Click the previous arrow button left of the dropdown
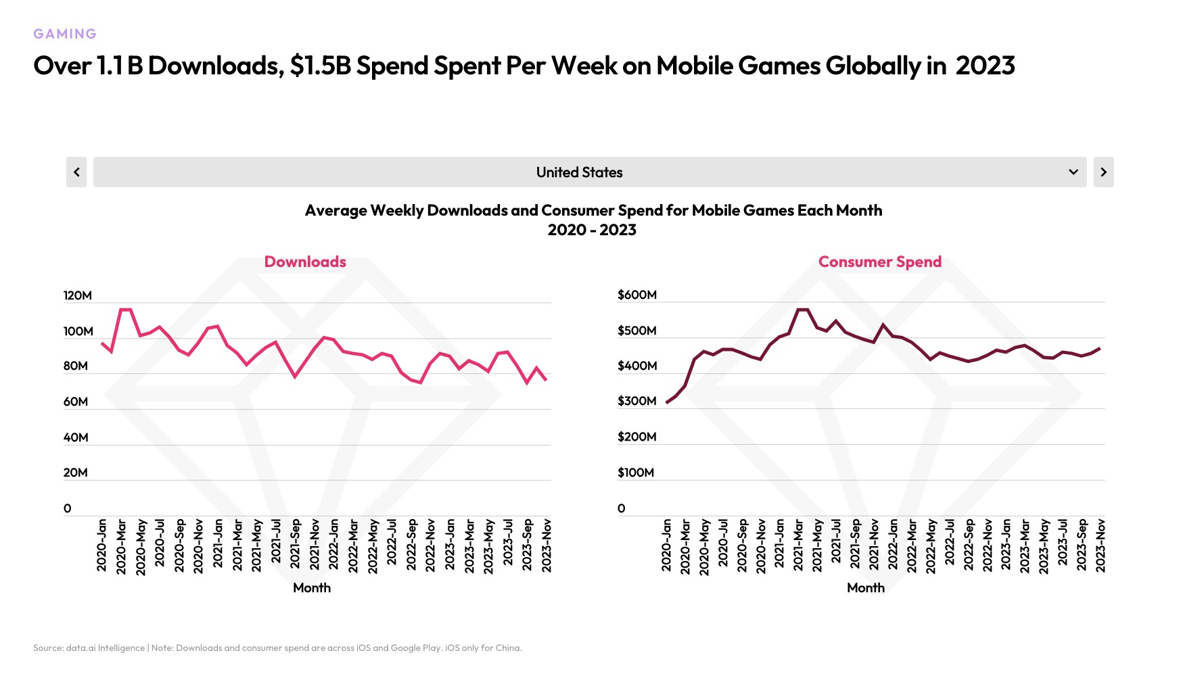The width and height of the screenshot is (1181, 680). (76, 172)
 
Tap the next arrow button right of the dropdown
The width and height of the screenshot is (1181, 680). (1103, 172)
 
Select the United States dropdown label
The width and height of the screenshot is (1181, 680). (579, 172)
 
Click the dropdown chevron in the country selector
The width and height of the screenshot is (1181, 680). (1073, 172)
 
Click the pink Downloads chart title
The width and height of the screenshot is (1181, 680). (305, 262)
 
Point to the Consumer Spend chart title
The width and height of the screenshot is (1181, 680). (879, 262)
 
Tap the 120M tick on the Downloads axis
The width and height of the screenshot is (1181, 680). (77, 295)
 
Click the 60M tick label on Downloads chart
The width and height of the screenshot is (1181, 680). (76, 402)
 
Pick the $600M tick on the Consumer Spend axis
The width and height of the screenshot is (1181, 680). (636, 295)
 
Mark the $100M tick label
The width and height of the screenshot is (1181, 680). (635, 472)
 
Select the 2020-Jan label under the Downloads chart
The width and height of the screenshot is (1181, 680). (102, 545)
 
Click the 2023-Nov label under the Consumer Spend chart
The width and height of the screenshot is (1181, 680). (1101, 545)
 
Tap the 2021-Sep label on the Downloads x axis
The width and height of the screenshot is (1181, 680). (296, 545)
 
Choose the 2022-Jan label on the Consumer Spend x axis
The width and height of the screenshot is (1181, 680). (893, 545)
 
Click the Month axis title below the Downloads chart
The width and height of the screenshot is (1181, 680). (312, 588)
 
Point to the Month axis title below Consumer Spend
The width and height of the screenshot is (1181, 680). (866, 588)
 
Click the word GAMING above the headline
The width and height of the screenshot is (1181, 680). (65, 34)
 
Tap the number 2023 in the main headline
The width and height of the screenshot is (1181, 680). (985, 66)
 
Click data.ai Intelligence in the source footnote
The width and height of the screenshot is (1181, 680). (106, 648)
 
